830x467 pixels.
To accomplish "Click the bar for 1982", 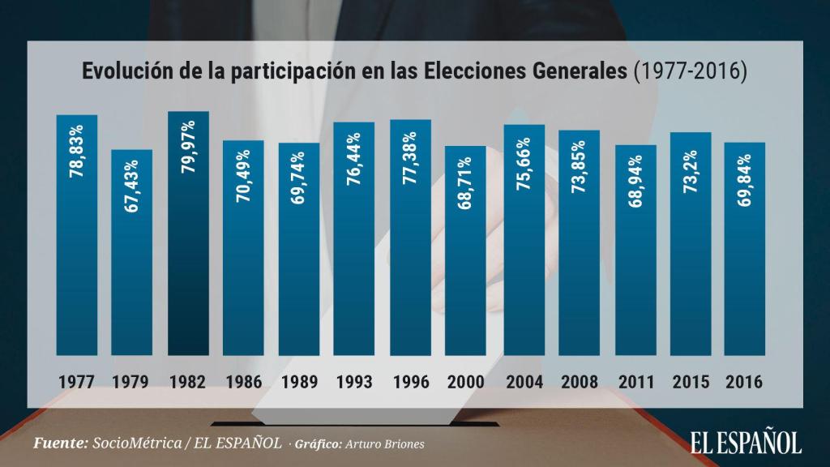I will [x=188, y=233].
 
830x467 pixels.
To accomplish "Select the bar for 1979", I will [x=132, y=252].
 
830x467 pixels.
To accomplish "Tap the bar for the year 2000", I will [x=466, y=251].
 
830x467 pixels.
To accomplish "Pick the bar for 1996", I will [x=410, y=238].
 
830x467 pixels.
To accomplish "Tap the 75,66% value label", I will [x=524, y=161].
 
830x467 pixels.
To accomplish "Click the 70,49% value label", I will [x=244, y=178].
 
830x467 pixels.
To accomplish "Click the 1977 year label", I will [x=76, y=381].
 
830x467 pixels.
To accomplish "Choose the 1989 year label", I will [x=299, y=381].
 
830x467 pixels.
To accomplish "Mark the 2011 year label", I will [x=635, y=381].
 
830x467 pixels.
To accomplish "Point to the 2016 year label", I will [x=745, y=381].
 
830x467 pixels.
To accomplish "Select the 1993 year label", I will [x=354, y=381].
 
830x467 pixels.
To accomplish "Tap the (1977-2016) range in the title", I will [x=688, y=71].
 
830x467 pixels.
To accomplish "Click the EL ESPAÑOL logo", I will [x=746, y=443].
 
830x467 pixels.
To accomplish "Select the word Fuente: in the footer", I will [x=60, y=443].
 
